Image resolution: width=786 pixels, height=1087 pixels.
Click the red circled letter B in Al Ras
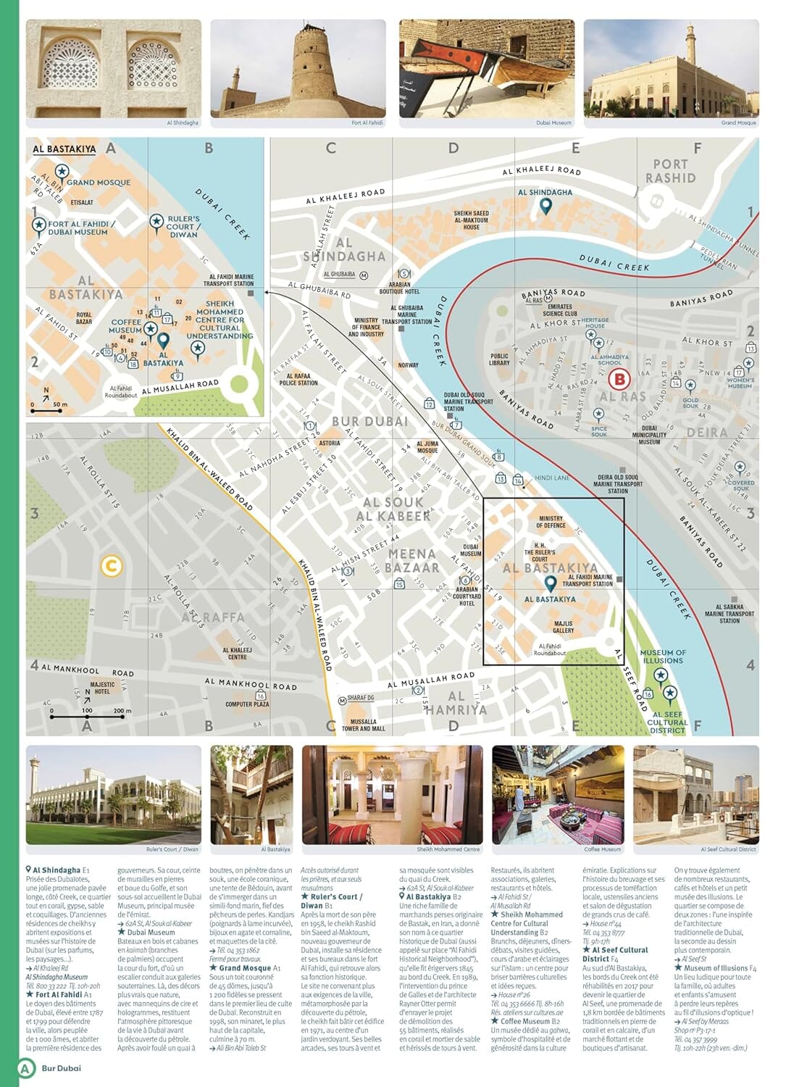coord(619,378)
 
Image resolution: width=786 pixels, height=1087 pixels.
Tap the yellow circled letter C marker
coord(111,565)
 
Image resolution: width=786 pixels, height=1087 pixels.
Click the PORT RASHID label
coord(670,171)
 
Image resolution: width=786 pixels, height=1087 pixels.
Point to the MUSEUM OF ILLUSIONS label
coord(662,657)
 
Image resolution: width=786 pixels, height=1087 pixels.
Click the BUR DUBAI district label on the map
coord(369,421)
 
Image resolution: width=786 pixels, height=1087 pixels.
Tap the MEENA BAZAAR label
coord(412,561)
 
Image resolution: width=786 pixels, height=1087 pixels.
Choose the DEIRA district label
coord(706,433)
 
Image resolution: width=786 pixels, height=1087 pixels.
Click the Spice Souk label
coord(598,431)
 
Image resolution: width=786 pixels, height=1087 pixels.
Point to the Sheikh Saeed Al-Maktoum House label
coord(471,220)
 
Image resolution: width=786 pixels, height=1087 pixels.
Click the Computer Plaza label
coord(246,704)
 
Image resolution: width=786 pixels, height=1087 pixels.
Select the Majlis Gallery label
coord(563,627)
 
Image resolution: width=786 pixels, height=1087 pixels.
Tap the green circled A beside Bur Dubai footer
coord(26,1067)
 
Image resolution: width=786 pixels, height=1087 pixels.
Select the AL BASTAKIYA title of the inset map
coord(64,149)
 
